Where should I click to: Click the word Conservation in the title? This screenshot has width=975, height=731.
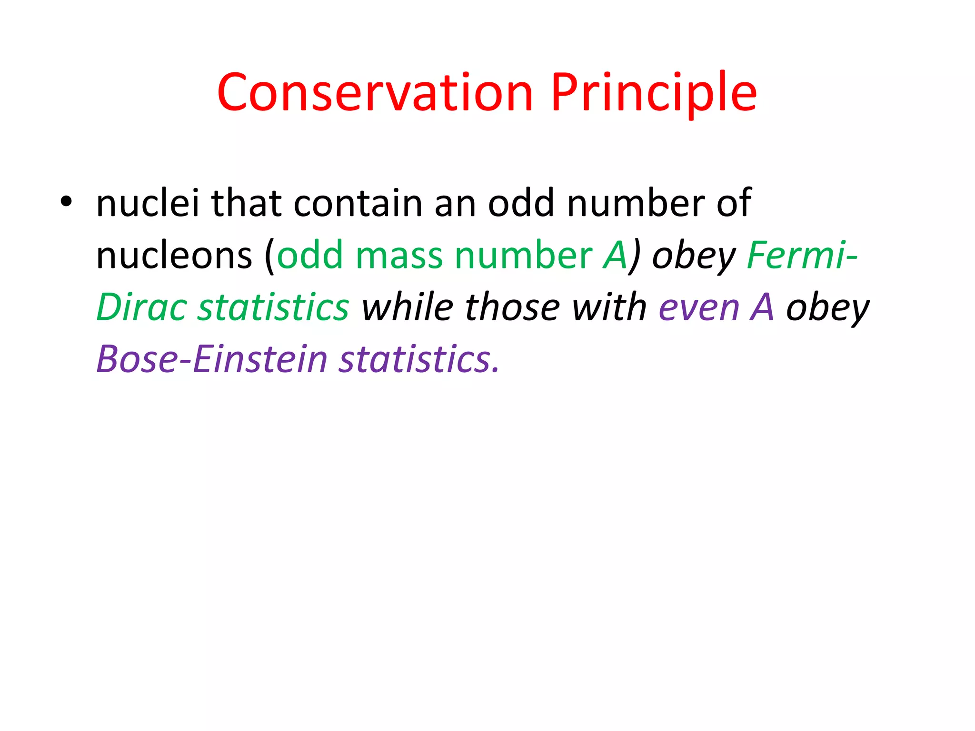click(x=375, y=93)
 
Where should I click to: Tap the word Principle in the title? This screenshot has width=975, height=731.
click(x=653, y=93)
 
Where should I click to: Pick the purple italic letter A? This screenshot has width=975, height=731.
click(x=762, y=307)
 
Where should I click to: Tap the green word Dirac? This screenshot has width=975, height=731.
click(x=141, y=307)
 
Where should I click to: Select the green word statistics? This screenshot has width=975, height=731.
click(x=273, y=307)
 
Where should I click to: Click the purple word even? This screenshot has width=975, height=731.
click(x=699, y=307)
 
